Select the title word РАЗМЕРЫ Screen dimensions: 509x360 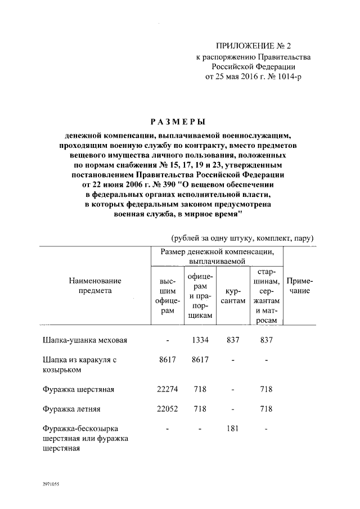(178, 121)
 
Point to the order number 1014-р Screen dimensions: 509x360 (287, 77)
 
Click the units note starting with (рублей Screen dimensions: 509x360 (242, 238)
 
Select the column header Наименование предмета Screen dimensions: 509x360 (95, 286)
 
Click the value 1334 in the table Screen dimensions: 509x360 (200, 340)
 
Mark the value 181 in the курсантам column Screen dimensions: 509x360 (232, 429)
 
